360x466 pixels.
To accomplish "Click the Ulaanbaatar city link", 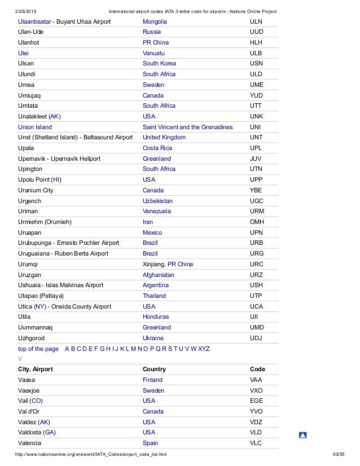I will click(34, 21).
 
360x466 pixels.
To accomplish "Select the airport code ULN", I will click(256, 21).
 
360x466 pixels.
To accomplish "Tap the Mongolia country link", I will click(155, 21).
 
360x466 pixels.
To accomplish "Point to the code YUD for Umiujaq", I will click(256, 96).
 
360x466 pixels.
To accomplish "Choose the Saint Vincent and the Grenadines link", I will click(187, 128).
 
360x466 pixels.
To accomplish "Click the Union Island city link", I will click(35, 128).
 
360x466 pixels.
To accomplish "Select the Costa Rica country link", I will click(157, 148).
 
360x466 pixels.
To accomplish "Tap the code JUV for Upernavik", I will click(256, 159).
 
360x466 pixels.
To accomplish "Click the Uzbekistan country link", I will click(157, 201).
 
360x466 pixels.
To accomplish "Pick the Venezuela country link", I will click(157, 211).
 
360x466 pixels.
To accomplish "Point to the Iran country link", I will click(148, 222).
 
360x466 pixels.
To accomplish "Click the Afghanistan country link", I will click(159, 275).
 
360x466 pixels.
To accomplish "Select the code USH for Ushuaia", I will click(256, 285).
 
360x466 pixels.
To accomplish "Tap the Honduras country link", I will click(156, 317).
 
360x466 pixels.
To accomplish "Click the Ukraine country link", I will click(153, 338).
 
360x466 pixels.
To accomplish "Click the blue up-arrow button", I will click(302, 435).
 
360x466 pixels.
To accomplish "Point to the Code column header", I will click(257, 369).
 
